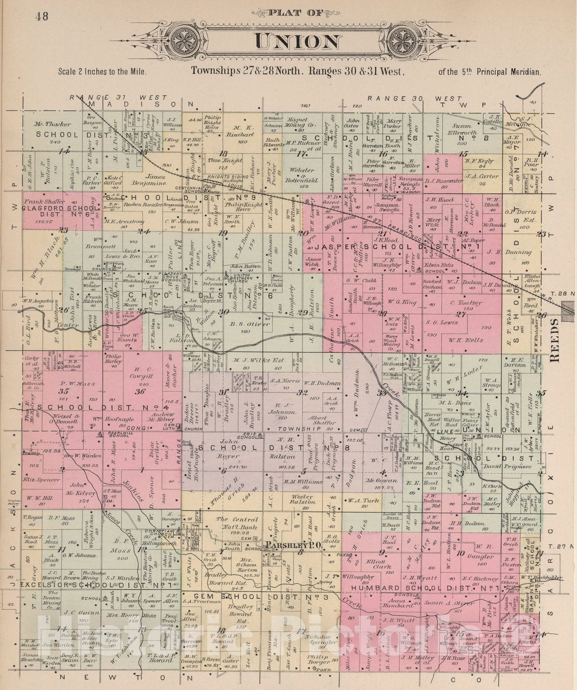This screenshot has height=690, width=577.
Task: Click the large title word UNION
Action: [x=297, y=41]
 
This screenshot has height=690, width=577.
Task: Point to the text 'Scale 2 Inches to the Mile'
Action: [x=103, y=72]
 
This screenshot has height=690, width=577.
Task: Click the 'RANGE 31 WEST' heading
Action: [x=119, y=98]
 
